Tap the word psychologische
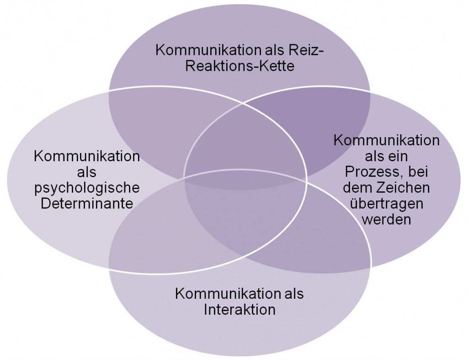(x=87, y=188)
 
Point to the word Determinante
(x=87, y=203)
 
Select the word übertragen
(x=386, y=203)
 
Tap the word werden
(x=386, y=219)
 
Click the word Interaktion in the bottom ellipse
(x=239, y=310)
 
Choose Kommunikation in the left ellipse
(x=87, y=157)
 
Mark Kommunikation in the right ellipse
(x=386, y=140)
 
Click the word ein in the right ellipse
(x=400, y=156)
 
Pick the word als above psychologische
(x=87, y=172)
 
